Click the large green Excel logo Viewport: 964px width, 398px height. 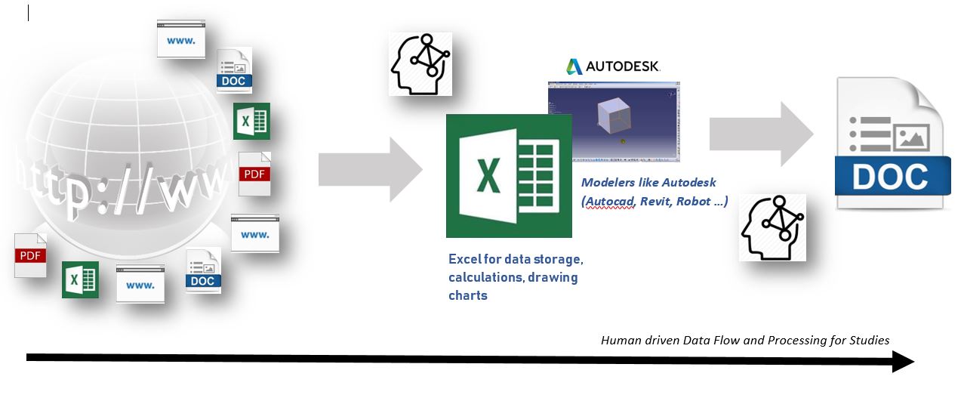coord(509,177)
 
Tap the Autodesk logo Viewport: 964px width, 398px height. coord(614,66)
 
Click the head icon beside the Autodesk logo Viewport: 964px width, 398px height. coord(420,63)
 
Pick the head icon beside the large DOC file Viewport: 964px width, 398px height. coord(772,227)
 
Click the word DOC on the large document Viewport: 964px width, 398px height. coord(891,177)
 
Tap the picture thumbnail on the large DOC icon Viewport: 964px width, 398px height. coord(911,137)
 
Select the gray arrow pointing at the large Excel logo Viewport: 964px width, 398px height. coord(370,167)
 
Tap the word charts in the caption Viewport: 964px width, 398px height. coord(467,295)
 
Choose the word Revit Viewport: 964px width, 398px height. coord(655,202)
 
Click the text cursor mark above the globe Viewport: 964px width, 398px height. coord(28,13)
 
